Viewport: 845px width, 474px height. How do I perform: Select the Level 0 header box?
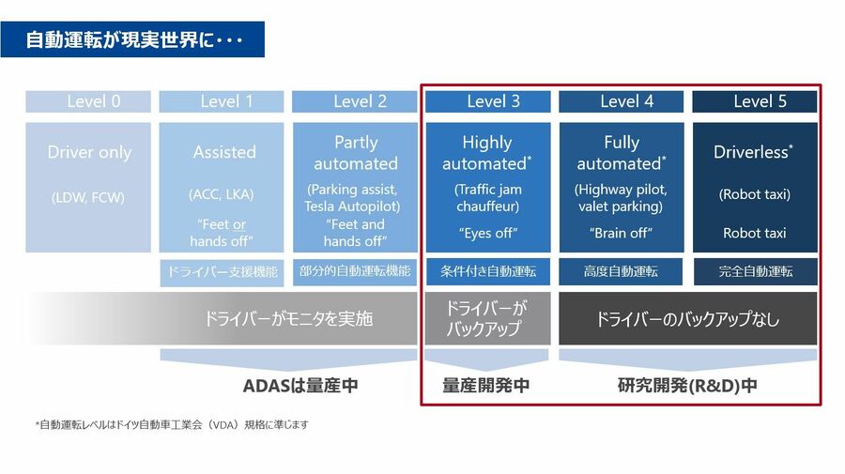point(88,101)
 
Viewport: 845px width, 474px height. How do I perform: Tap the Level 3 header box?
point(487,101)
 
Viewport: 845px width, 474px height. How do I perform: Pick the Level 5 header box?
point(755,101)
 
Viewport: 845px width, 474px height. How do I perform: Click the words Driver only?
point(89,152)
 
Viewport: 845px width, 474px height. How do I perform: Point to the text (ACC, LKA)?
point(221,194)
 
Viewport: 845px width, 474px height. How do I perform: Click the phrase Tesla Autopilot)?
point(352,206)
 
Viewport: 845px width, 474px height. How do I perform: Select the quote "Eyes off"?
point(488,233)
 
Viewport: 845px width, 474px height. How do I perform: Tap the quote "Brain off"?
point(621,233)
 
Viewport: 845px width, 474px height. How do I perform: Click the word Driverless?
point(751,152)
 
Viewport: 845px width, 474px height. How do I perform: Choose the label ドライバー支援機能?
point(222,271)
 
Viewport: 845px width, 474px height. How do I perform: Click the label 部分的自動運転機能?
point(355,271)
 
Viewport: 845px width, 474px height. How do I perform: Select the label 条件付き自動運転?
point(488,271)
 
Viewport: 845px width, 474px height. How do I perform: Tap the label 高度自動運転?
point(621,271)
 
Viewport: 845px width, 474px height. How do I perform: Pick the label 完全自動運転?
point(756,271)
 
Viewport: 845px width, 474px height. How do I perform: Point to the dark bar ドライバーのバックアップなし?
point(687,318)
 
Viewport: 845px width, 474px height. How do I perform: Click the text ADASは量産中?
point(300,386)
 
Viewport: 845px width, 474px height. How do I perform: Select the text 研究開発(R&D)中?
point(687,386)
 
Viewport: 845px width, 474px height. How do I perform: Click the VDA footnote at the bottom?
point(172,424)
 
